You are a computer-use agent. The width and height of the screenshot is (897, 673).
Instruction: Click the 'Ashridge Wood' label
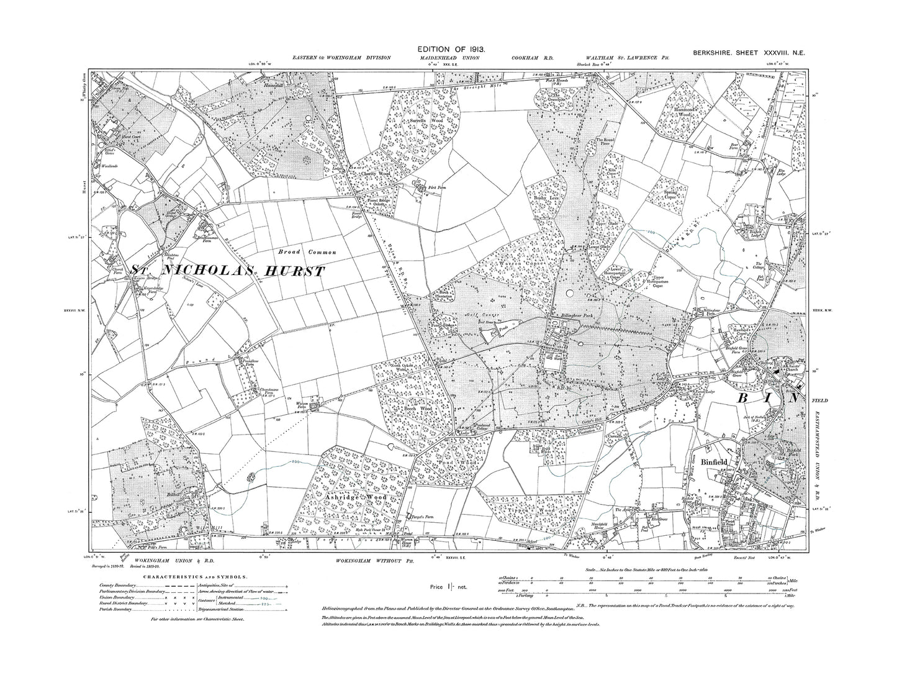[x=356, y=497]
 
